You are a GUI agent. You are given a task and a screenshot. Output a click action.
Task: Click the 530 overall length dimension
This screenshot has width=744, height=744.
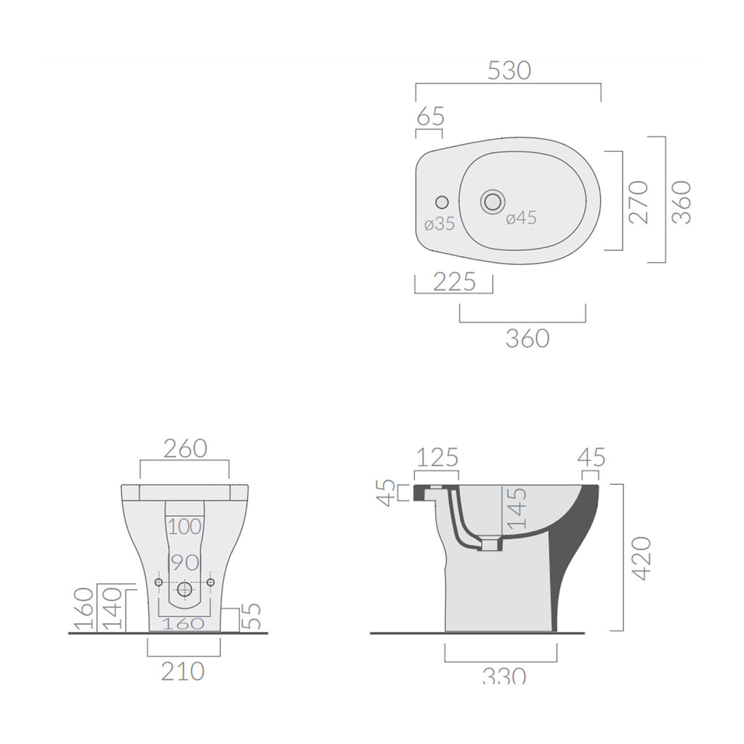point(509,70)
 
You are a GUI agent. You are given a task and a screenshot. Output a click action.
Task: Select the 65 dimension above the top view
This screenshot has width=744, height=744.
point(430,116)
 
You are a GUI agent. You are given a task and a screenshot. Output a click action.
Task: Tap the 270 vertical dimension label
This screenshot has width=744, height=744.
point(637,201)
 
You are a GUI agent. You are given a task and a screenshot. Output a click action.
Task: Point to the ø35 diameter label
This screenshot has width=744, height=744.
point(439,225)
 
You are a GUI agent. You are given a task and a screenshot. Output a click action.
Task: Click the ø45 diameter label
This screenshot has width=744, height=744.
point(521,217)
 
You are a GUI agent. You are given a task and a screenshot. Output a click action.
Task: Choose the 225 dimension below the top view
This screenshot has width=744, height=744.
point(454,281)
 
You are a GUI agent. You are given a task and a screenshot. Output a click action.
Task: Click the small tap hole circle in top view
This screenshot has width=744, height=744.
point(441,201)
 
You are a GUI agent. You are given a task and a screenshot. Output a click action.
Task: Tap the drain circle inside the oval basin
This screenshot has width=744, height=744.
point(493,201)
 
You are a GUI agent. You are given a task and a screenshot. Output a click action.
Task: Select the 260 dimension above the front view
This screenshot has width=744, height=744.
point(185,448)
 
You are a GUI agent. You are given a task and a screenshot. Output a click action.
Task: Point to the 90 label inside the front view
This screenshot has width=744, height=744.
point(183,562)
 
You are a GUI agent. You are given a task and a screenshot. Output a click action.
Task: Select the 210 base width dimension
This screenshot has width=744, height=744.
point(182,671)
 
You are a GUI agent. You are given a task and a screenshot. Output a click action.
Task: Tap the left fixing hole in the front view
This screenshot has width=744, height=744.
point(158,583)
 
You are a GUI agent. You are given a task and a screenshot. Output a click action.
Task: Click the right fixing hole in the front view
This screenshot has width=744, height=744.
point(211,583)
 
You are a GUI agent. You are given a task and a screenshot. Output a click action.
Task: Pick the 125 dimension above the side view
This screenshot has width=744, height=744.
point(437,458)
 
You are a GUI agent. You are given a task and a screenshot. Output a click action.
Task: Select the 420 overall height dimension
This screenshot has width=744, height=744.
point(640,558)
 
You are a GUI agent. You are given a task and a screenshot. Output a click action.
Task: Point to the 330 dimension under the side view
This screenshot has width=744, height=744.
point(504,676)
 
